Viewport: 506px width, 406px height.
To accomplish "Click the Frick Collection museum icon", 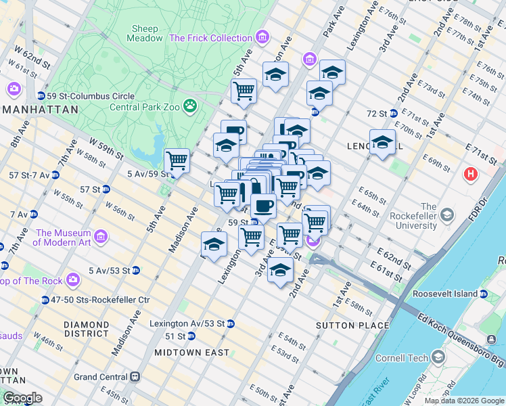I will (x=262, y=37).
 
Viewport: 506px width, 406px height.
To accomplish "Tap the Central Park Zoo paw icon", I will (x=191, y=105).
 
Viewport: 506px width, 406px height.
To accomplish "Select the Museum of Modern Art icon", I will (x=101, y=237).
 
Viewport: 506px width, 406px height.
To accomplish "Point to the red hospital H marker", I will (x=471, y=175).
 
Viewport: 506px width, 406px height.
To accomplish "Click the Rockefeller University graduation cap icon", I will (x=446, y=215).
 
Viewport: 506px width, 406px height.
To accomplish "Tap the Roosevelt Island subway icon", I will (x=484, y=294).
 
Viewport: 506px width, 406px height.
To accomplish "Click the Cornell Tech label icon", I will (x=440, y=357).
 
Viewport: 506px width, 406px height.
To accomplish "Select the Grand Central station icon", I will (x=136, y=377).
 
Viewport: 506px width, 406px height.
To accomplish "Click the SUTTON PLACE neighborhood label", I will (x=352, y=325).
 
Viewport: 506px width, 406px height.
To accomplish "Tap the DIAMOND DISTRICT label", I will (x=87, y=329).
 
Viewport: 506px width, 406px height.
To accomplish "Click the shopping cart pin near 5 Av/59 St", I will (x=177, y=161).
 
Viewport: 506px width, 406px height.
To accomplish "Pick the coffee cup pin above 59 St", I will (x=263, y=205).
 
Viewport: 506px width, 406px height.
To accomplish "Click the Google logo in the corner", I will (x=23, y=398).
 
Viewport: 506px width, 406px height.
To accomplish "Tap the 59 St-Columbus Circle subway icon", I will (x=41, y=95).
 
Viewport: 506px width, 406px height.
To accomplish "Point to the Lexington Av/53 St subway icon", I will (x=230, y=323).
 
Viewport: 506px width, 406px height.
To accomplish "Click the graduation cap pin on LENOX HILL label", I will (x=382, y=142).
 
